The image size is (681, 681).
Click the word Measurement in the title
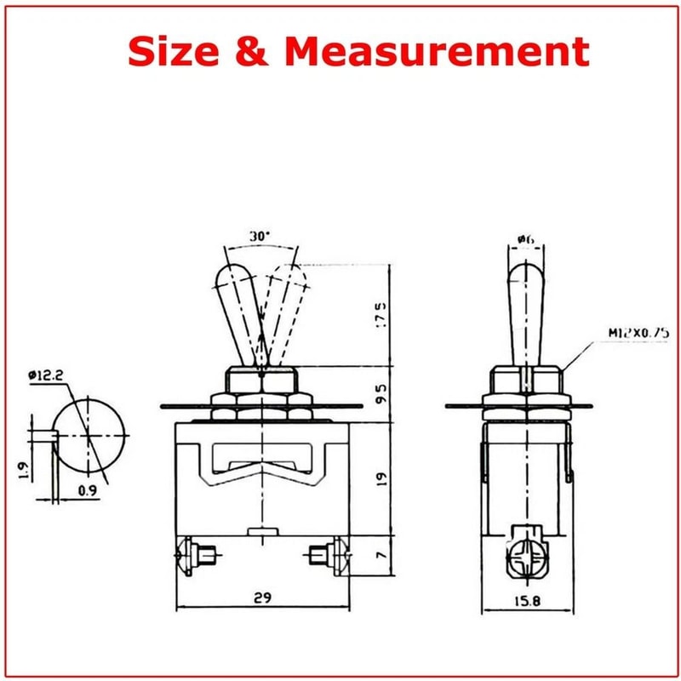(x=437, y=52)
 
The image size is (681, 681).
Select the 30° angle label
(x=260, y=236)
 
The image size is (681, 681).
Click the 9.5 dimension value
(x=381, y=394)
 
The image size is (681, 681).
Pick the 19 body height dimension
(x=381, y=478)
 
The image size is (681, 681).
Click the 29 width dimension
(x=262, y=598)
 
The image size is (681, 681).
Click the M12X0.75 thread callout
(x=614, y=333)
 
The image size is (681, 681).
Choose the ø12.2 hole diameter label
(x=48, y=375)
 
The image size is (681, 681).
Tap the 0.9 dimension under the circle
(x=85, y=489)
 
